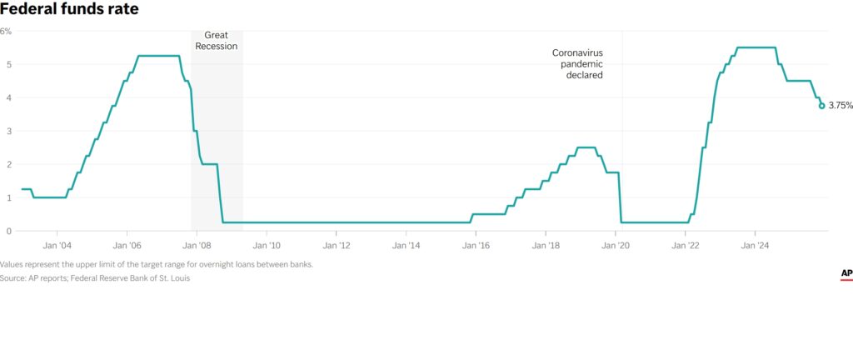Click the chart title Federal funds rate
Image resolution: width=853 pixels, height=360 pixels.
[69, 10]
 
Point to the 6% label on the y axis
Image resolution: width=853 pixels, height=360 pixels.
[6, 31]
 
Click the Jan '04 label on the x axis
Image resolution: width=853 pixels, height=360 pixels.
[57, 246]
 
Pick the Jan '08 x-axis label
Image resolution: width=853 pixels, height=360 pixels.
[197, 246]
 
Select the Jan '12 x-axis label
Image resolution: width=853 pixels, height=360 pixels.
[336, 246]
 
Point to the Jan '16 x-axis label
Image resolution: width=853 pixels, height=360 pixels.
[476, 246]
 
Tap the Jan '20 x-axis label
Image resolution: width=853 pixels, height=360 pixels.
[616, 246]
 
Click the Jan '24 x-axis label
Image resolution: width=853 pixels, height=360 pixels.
[755, 246]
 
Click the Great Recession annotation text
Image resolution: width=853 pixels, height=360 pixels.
[216, 41]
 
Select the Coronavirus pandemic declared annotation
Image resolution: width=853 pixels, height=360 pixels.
[577, 63]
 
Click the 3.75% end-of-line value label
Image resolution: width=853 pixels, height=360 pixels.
[840, 106]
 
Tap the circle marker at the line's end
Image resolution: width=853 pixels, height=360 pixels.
[822, 106]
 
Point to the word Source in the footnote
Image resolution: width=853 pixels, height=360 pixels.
[12, 278]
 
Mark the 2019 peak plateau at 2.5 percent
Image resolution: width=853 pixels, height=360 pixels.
[586, 147]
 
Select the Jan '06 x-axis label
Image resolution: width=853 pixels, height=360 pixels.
[127, 246]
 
